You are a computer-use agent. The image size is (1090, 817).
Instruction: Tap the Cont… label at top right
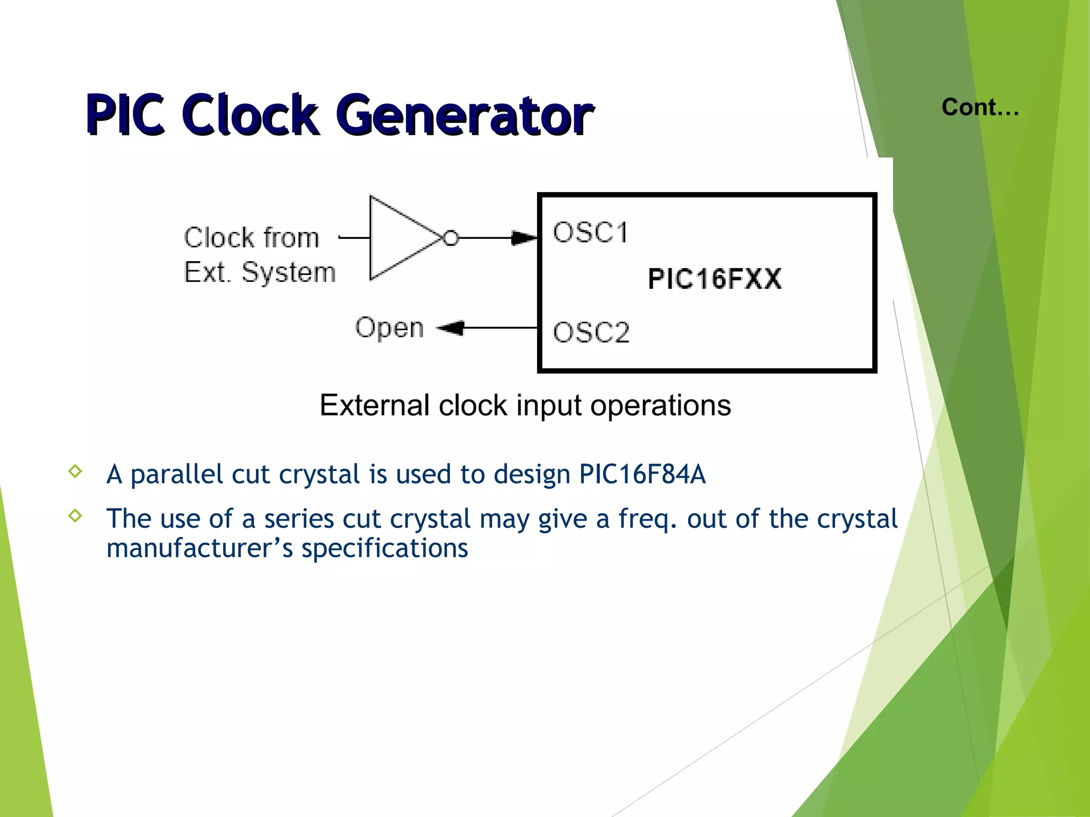pos(980,107)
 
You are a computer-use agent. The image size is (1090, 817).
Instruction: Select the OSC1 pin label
pos(590,232)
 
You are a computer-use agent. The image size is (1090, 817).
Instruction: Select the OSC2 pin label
pos(591,332)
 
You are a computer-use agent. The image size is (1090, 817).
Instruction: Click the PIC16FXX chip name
pos(714,279)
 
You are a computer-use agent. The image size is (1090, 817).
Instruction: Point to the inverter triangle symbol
pos(399,238)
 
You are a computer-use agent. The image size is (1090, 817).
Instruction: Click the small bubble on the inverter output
pos(451,238)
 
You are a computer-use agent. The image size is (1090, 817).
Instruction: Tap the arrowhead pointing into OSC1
pos(524,238)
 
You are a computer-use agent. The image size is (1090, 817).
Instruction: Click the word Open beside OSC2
pos(389,328)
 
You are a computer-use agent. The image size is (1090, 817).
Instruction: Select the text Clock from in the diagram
pos(251,237)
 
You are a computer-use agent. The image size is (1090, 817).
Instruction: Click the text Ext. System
pos(259,272)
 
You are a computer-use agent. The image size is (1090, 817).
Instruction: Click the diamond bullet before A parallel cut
pos(76,471)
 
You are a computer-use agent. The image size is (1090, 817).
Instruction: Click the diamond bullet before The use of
pos(76,515)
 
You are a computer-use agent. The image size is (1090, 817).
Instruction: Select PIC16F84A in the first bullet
pos(642,474)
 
